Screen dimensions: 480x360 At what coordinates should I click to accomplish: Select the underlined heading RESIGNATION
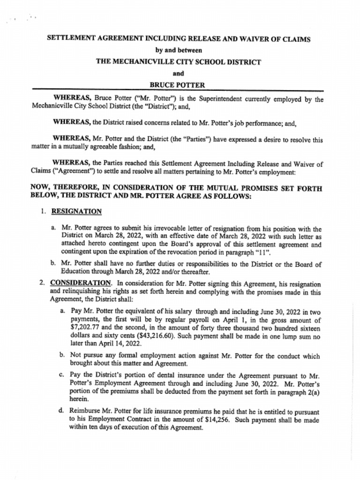[x=76, y=211]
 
